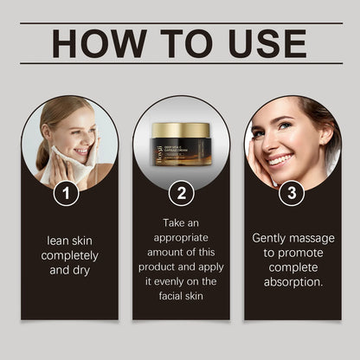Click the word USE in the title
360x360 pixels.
(261, 43)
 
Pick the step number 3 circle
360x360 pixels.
(292, 194)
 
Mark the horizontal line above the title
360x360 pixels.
(180, 23)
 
